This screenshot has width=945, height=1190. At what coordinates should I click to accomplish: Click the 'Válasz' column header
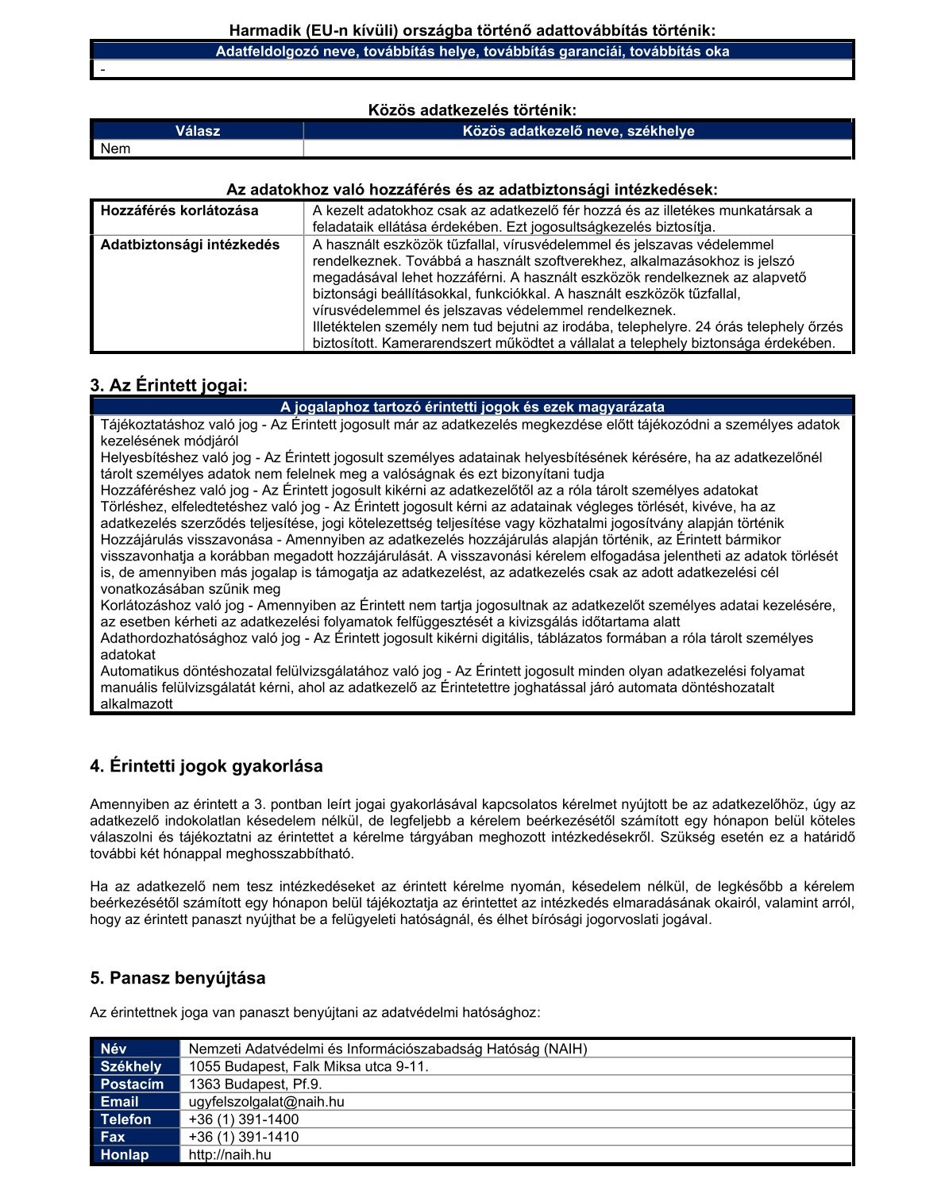(x=197, y=131)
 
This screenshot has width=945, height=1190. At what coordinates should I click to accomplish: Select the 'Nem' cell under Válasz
(x=116, y=148)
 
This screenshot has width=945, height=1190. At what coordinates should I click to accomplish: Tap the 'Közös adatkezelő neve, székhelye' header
(x=578, y=131)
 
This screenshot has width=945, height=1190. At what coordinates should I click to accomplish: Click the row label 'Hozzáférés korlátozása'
(x=179, y=210)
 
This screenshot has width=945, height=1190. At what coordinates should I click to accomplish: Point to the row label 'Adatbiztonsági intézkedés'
(x=190, y=245)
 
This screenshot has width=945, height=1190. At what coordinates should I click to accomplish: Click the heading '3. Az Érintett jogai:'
(x=169, y=385)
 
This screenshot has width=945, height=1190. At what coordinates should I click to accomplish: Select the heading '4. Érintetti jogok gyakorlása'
(x=206, y=766)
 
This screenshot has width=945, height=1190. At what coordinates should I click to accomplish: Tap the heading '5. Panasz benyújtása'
(x=178, y=978)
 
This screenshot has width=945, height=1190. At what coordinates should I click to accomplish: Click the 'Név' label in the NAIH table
(x=114, y=1049)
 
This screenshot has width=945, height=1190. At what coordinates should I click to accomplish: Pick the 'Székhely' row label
(x=131, y=1066)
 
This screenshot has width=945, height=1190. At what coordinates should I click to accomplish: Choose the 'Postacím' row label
(x=132, y=1084)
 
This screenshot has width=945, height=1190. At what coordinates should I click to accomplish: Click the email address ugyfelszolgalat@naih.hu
(x=266, y=1102)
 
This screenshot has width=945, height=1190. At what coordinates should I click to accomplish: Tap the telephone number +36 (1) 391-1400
(x=244, y=1119)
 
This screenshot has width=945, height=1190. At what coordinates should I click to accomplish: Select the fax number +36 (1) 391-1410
(x=244, y=1137)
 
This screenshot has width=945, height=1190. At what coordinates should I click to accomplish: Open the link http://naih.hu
(x=229, y=1154)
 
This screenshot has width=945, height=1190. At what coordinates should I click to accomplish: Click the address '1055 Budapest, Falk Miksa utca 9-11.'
(x=308, y=1066)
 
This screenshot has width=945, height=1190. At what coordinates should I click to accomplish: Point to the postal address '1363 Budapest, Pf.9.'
(x=255, y=1084)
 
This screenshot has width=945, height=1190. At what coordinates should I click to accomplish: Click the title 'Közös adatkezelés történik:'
(x=472, y=110)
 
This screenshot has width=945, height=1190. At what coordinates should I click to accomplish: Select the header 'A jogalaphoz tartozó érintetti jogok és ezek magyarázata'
(x=472, y=407)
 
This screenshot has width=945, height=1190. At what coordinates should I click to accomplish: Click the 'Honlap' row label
(x=125, y=1154)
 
